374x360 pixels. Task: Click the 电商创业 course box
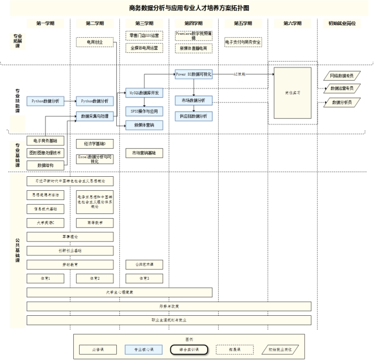point(95,42)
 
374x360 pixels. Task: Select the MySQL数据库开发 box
point(144,92)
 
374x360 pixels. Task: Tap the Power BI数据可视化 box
point(194,74)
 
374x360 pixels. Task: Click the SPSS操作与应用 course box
point(144,111)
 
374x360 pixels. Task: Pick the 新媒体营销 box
point(144,124)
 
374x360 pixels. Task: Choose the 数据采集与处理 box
point(95,116)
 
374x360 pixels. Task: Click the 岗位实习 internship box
point(292,92)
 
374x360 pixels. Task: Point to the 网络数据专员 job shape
point(341,76)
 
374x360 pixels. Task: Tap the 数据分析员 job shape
point(341,102)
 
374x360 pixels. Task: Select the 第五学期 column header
point(243,23)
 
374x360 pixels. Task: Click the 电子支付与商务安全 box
point(243,42)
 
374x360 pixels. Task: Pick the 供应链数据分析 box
point(194,116)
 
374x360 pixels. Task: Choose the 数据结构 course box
point(45,165)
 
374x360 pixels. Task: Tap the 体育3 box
point(144,278)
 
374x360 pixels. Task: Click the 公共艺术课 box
point(144,264)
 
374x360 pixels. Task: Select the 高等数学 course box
point(95,222)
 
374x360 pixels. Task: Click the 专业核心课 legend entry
point(143,350)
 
